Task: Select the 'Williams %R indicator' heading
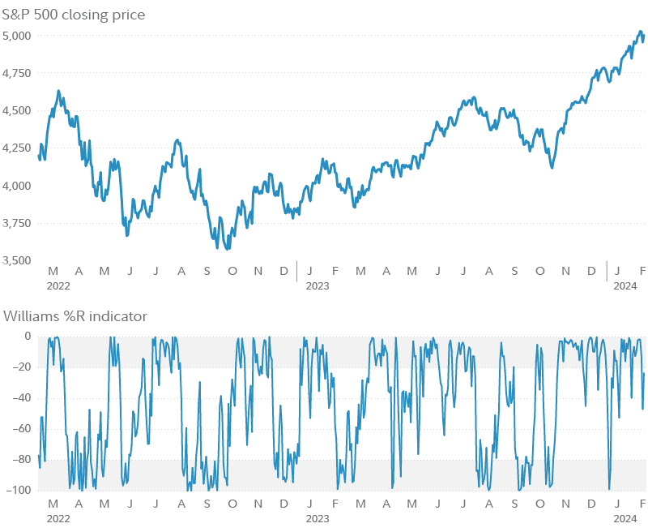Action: pyautogui.click(x=75, y=315)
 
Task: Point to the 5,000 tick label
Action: pyautogui.click(x=16, y=36)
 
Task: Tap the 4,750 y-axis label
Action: pyautogui.click(x=16, y=73)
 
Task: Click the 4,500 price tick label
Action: pyautogui.click(x=16, y=110)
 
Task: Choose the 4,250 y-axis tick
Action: pyautogui.click(x=16, y=148)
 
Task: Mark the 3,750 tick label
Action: pyautogui.click(x=16, y=223)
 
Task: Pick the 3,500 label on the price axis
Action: pyautogui.click(x=16, y=260)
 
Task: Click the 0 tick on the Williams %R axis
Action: pyautogui.click(x=27, y=336)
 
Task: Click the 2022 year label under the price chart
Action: pyautogui.click(x=58, y=285)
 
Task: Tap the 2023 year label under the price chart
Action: pyautogui.click(x=318, y=285)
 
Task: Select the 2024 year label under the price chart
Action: pyautogui.click(x=625, y=285)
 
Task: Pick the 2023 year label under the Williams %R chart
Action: pyautogui.click(x=318, y=517)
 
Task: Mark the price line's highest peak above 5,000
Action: pyautogui.click(x=641, y=32)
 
